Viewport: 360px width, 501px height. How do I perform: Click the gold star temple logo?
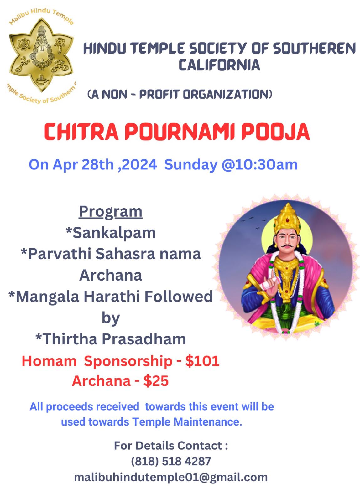(x=41, y=55)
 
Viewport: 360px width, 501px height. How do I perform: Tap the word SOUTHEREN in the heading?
(x=314, y=49)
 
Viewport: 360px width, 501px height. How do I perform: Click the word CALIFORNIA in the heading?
(x=219, y=65)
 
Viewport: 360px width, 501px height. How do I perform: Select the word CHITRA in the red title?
(x=81, y=132)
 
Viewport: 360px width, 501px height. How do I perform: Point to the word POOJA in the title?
(x=275, y=132)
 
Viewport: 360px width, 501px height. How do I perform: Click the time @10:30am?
(x=259, y=165)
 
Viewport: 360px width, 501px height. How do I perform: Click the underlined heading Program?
(x=111, y=212)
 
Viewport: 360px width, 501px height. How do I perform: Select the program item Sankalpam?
(x=111, y=233)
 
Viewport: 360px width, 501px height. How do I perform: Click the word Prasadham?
(x=144, y=339)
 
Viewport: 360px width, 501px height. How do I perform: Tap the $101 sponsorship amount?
(x=202, y=361)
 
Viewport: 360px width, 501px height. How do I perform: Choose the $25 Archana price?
(x=156, y=381)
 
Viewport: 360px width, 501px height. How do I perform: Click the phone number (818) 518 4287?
(x=171, y=461)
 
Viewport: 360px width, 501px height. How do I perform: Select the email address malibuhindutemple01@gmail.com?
(x=171, y=477)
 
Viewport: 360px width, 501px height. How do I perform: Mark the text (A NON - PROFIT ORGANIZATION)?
(x=180, y=94)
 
